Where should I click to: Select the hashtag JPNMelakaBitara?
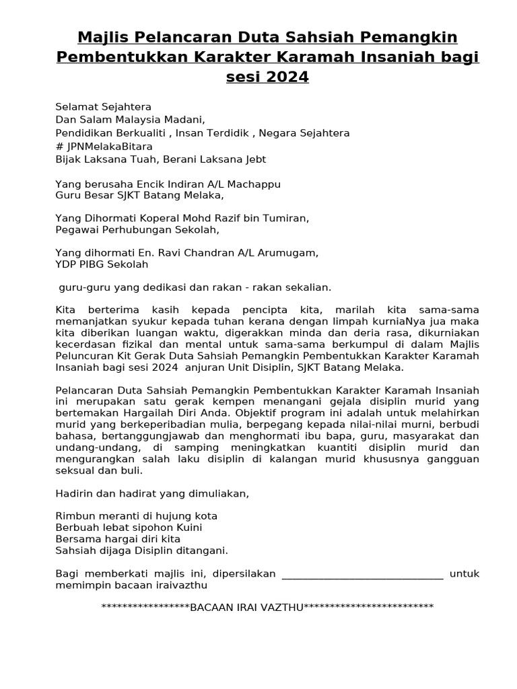pos(108,146)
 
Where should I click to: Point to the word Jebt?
pos(254,159)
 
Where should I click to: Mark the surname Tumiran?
pos(285,218)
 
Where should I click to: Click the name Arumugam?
pos(286,253)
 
